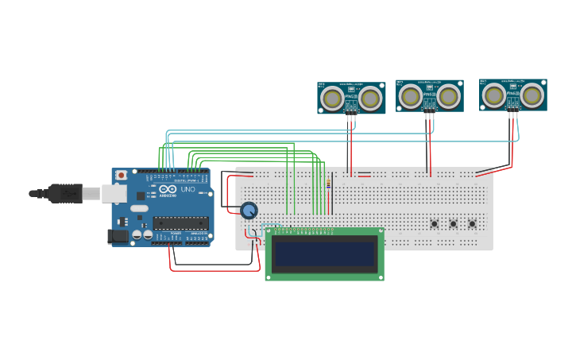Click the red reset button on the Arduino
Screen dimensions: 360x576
(121, 175)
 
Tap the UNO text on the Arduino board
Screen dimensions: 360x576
(188, 191)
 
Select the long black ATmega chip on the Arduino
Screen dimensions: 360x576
(181, 223)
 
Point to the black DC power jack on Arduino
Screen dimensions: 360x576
(117, 236)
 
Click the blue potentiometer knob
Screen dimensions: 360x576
(249, 210)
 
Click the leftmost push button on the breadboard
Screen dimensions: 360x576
(435, 224)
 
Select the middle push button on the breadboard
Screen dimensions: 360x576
(453, 224)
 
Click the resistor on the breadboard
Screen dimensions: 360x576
(329, 184)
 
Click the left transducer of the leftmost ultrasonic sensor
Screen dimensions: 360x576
(332, 99)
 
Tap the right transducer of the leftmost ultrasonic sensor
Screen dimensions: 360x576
(369, 99)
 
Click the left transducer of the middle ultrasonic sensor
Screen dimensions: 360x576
(410, 96)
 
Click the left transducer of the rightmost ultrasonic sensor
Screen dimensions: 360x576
(494, 95)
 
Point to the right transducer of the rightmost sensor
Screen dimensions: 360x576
(532, 95)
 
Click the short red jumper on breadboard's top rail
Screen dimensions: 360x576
(365, 175)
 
